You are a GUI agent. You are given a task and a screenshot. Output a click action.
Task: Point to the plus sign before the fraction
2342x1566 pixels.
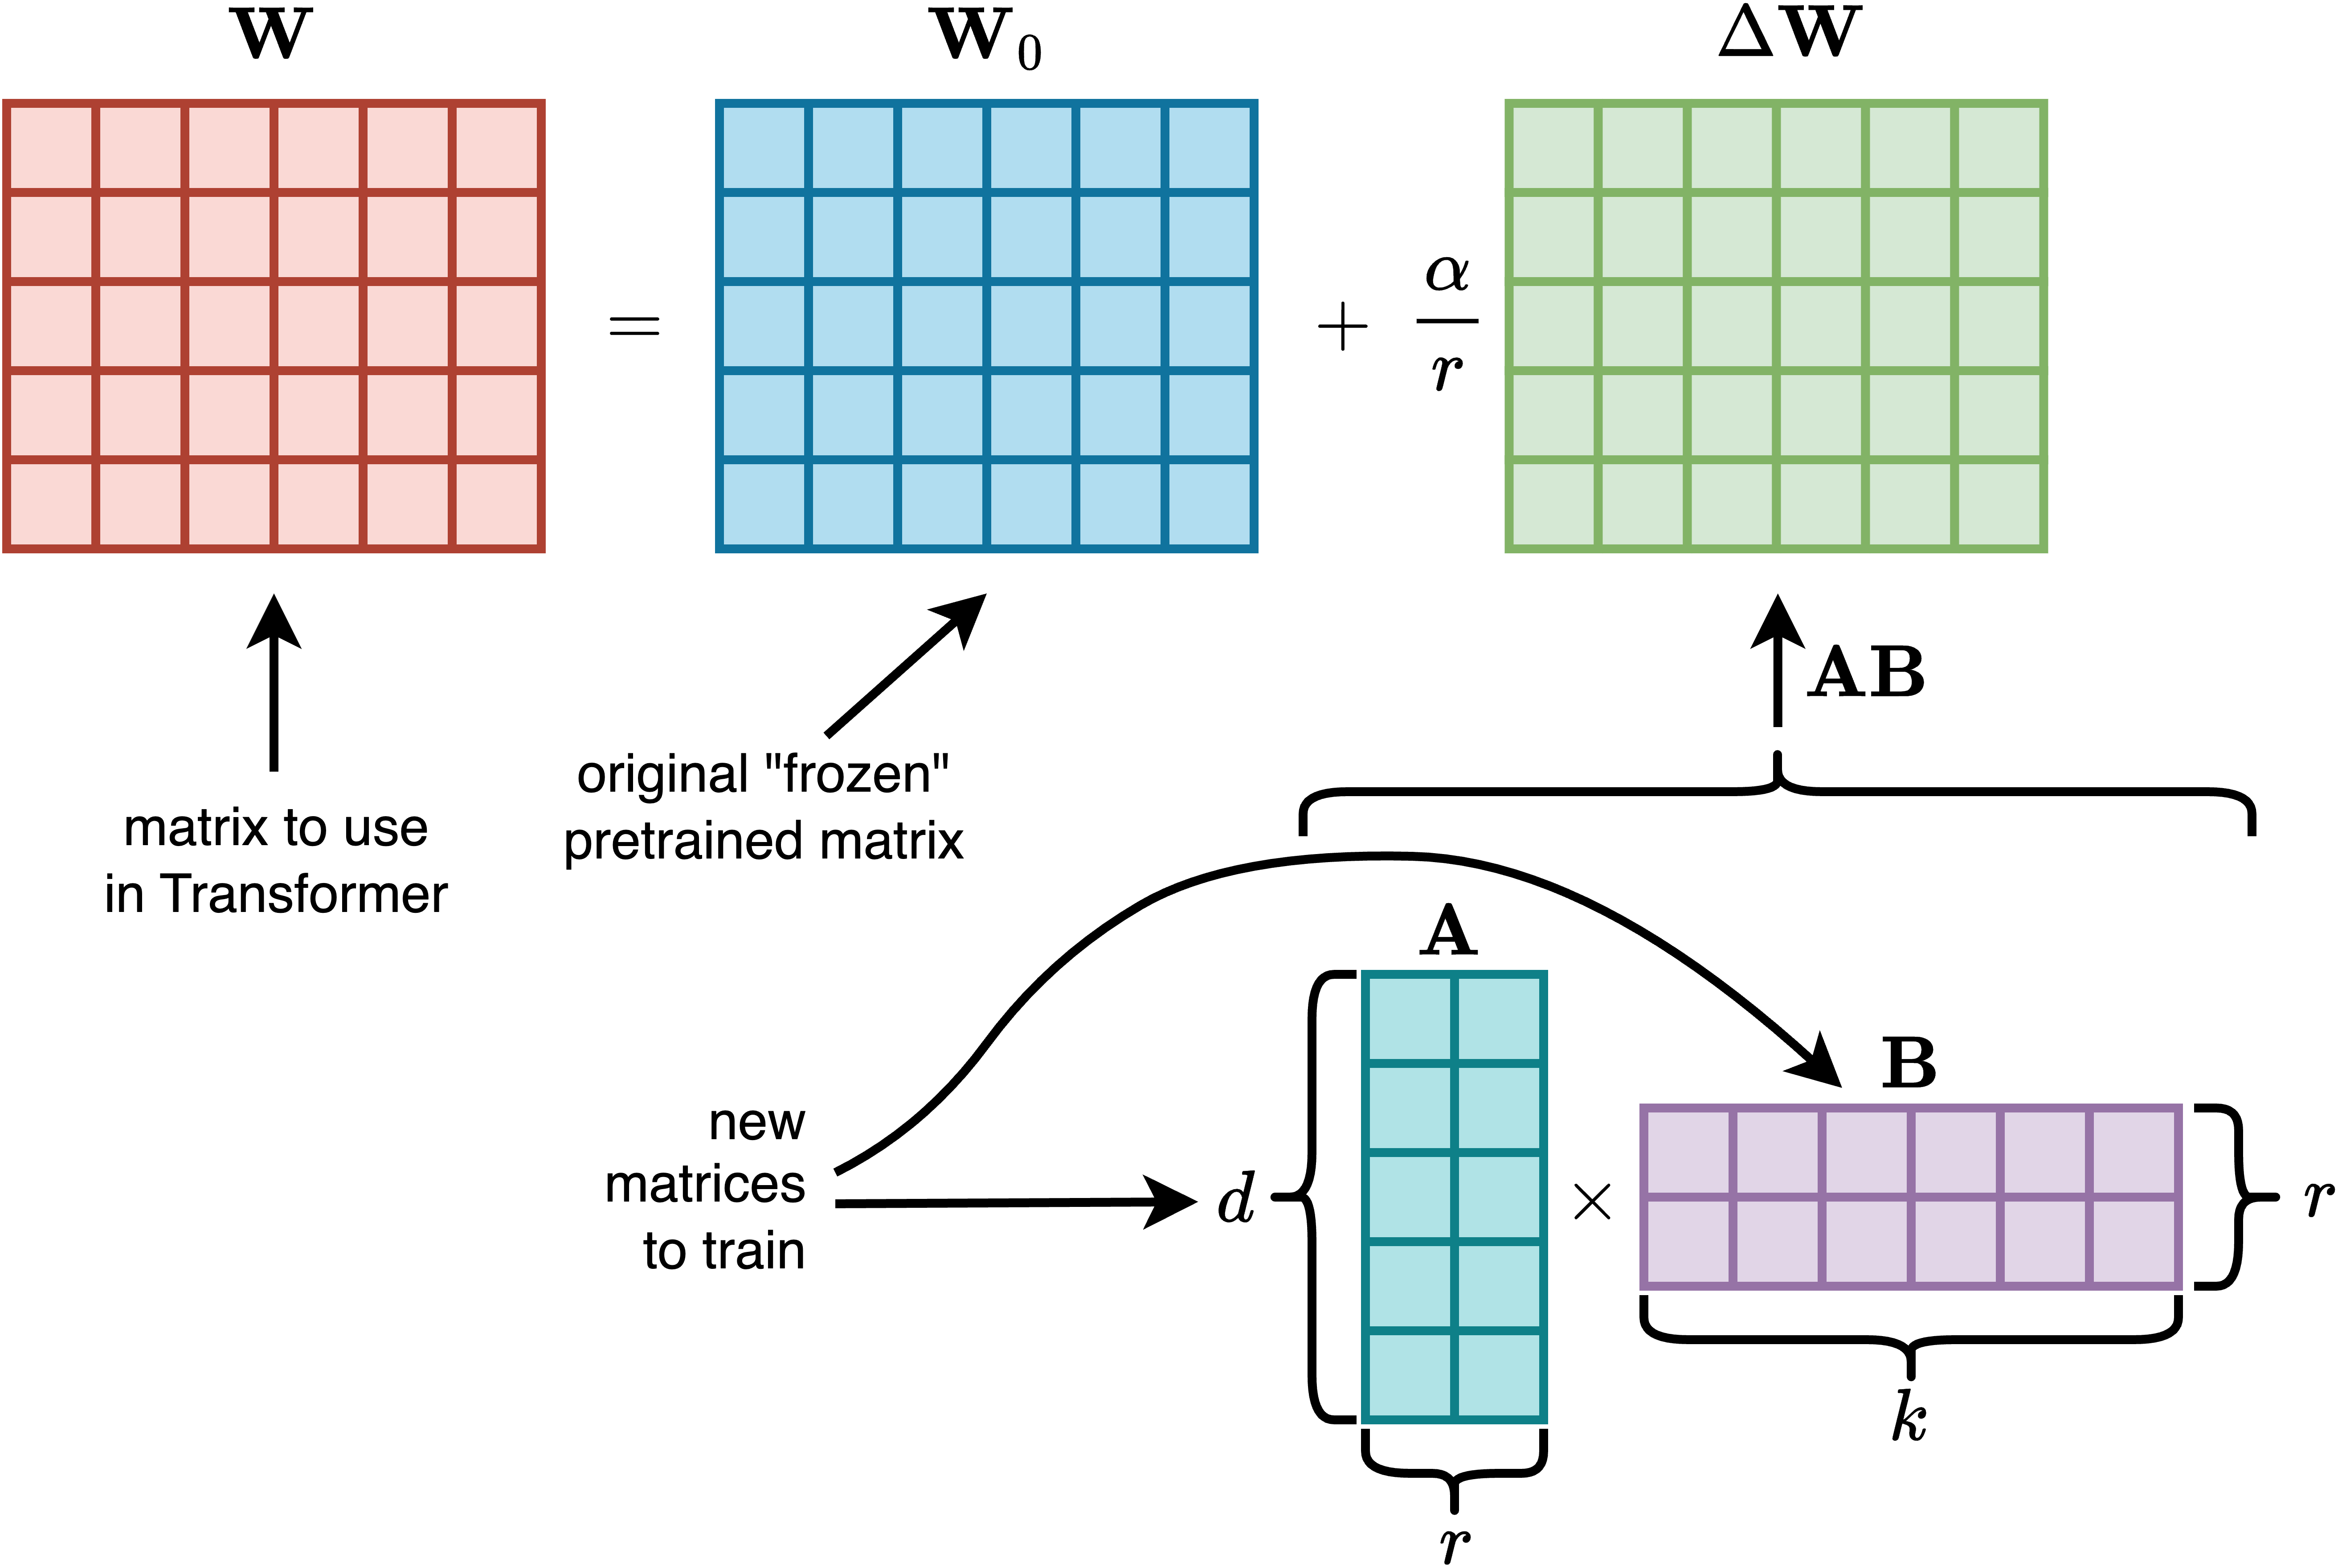pyautogui.click(x=1342, y=327)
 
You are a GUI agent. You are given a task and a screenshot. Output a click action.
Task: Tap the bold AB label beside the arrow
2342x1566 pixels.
pyautogui.click(x=1866, y=673)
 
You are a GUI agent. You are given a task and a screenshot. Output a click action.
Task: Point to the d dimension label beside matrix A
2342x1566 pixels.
pyautogui.click(x=1236, y=1198)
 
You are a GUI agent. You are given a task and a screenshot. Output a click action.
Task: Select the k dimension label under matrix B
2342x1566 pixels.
pyautogui.click(x=1909, y=1416)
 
